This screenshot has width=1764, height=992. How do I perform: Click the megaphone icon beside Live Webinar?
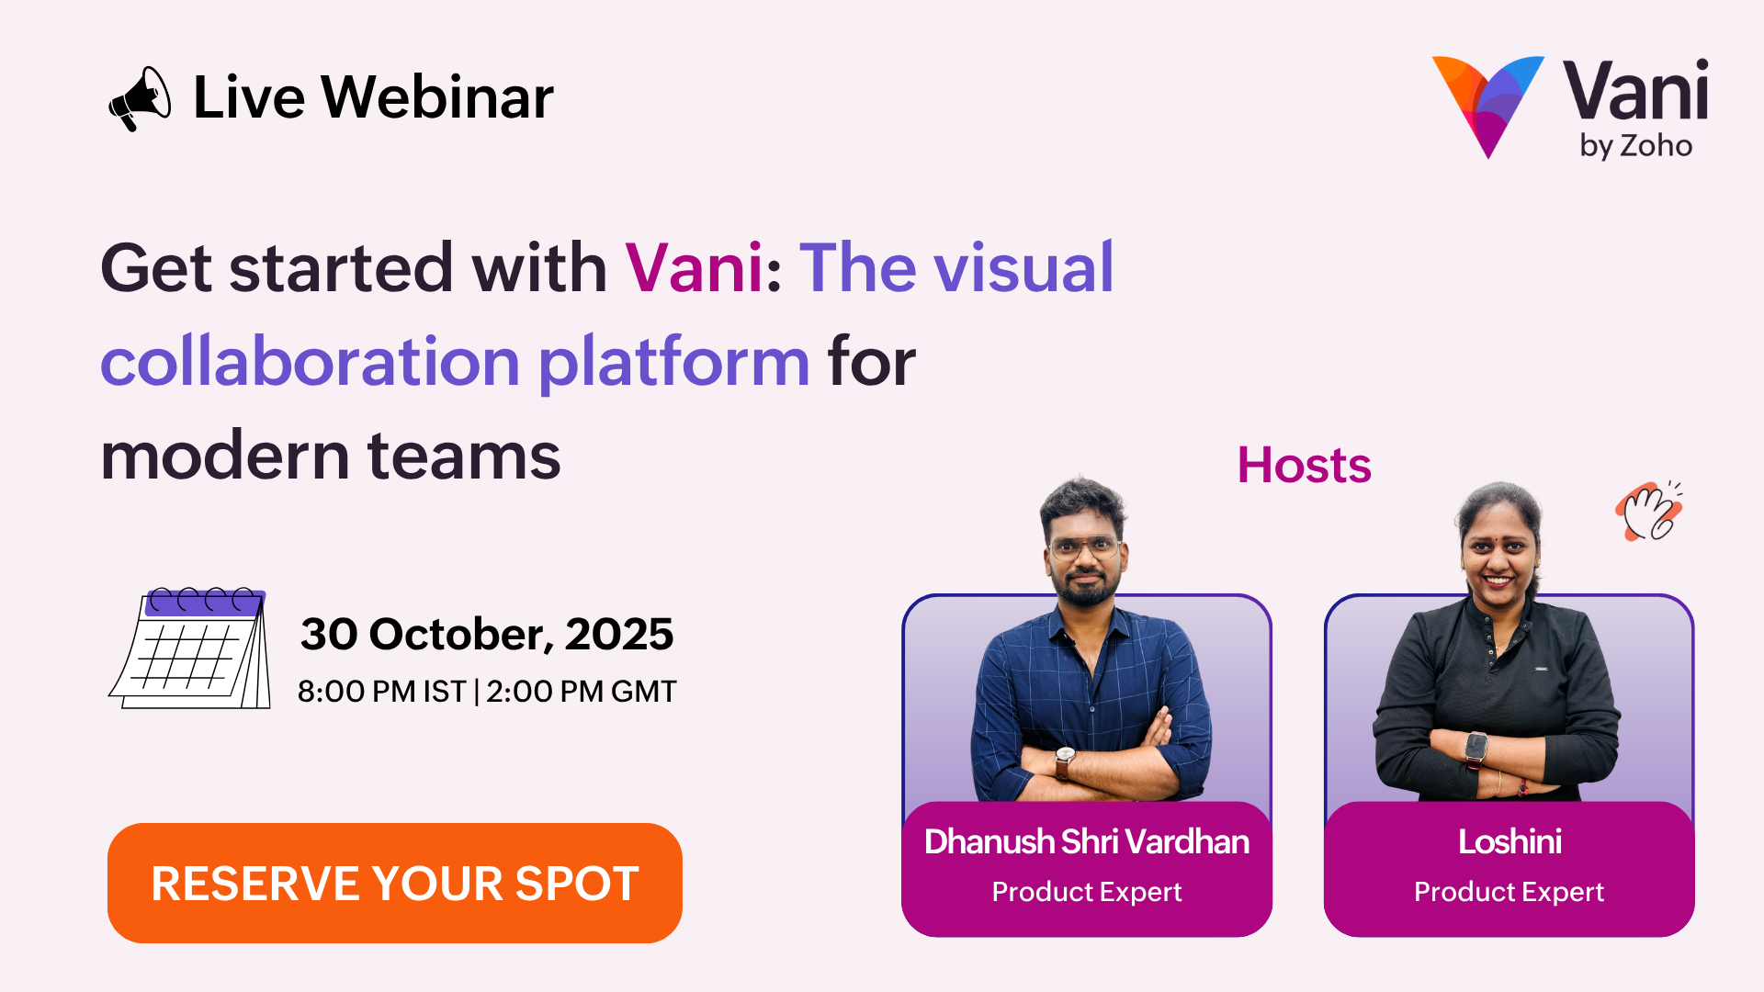pyautogui.click(x=140, y=99)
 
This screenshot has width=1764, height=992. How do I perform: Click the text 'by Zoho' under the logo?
pyautogui.click(x=1636, y=146)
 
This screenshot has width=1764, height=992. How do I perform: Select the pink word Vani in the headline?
pyautogui.click(x=695, y=268)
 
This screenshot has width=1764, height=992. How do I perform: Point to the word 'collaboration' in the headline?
pyautogui.click(x=311, y=362)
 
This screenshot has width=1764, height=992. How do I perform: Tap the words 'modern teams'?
pyautogui.click(x=331, y=457)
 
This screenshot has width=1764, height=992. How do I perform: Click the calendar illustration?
pyautogui.click(x=190, y=648)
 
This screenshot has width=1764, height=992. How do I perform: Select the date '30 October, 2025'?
pyautogui.click(x=487, y=635)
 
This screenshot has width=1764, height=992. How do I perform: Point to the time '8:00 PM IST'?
pyautogui.click(x=382, y=692)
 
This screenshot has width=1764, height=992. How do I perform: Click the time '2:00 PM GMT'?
pyautogui.click(x=582, y=692)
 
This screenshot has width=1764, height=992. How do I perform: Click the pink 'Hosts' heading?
pyautogui.click(x=1305, y=466)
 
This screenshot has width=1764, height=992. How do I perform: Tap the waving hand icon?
pyautogui.click(x=1650, y=511)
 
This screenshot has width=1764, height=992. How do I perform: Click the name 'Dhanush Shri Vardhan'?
pyautogui.click(x=1087, y=842)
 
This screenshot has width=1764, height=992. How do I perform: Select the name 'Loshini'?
pyautogui.click(x=1510, y=842)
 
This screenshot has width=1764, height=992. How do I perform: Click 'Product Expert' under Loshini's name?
pyautogui.click(x=1510, y=892)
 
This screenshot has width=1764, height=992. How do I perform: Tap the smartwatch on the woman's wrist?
pyautogui.click(x=1476, y=749)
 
